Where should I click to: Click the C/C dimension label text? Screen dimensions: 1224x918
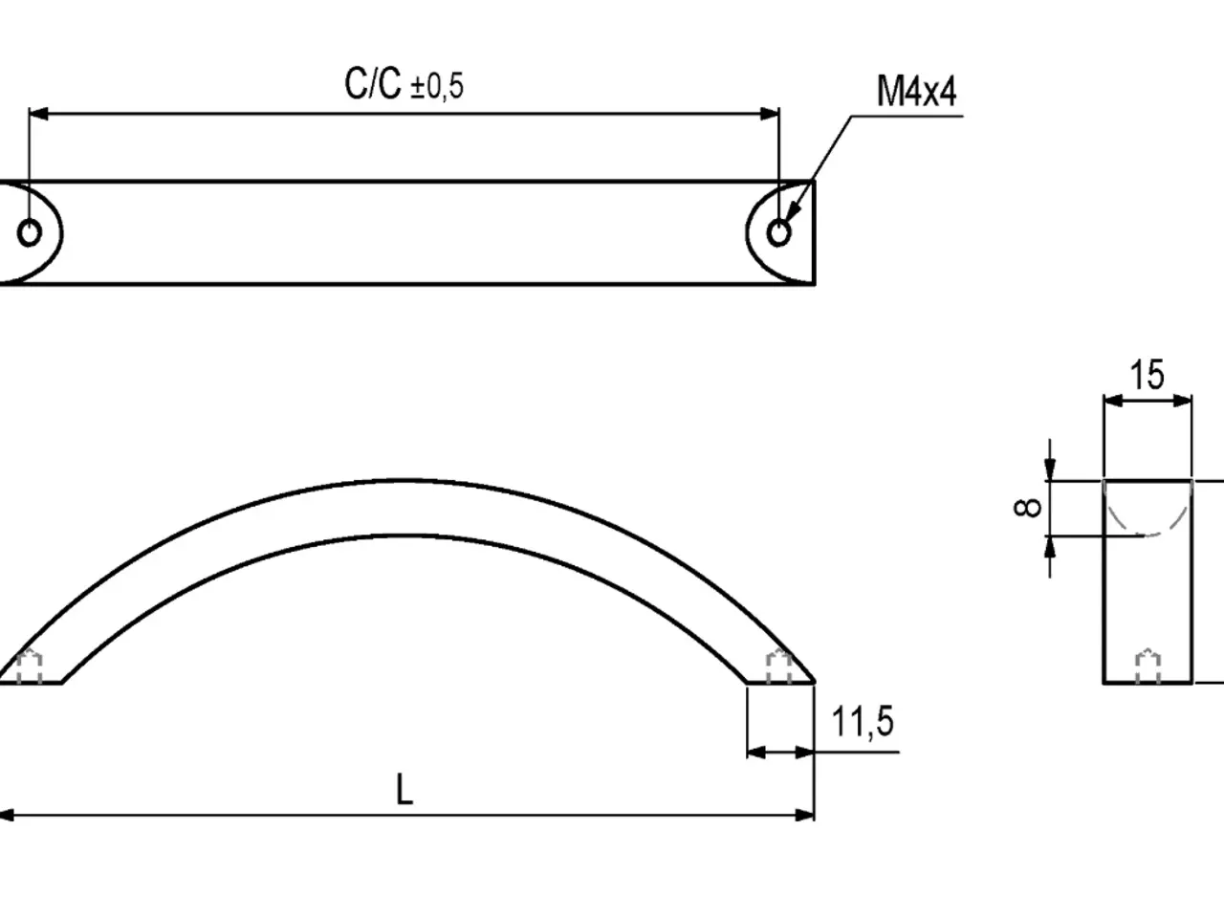373,83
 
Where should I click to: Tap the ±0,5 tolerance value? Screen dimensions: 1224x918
437,87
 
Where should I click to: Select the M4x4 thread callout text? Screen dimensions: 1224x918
916,91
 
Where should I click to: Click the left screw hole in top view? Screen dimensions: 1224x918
30,232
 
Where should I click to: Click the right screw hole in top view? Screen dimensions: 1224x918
779,232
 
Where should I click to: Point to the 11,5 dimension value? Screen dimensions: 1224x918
863,721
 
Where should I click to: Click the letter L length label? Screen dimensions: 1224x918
404,789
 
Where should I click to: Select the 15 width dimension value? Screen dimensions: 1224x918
1147,375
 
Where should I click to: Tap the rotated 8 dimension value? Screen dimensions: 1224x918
1027,508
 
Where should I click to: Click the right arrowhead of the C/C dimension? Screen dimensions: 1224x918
770,114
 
